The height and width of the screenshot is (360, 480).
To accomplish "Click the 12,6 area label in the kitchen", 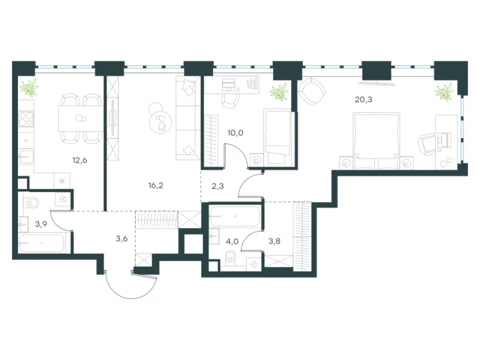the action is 79,160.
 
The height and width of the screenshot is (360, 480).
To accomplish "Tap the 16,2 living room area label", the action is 156,185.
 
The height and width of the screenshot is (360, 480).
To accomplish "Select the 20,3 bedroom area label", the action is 363,99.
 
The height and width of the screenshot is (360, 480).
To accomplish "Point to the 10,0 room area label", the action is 235,133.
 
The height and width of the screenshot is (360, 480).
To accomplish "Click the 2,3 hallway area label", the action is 217,186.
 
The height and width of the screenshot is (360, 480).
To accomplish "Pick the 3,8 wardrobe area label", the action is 274,241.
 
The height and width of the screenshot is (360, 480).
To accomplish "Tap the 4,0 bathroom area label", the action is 232,241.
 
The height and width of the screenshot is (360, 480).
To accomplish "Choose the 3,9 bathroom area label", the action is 40,224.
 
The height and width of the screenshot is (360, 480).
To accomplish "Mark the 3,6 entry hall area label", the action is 121,238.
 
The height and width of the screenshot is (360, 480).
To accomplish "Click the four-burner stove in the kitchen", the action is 25,119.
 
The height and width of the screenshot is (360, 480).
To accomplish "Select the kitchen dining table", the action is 81,118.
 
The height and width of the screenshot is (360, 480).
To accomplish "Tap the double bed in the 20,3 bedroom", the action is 376,140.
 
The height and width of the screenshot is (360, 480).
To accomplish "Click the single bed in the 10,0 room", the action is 277,137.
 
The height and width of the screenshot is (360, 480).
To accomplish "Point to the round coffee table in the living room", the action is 160,122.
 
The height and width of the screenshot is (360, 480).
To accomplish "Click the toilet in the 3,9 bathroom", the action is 31,203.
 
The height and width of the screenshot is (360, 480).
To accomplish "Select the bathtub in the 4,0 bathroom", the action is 235,216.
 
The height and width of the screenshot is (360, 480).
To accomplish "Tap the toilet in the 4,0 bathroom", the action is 230,258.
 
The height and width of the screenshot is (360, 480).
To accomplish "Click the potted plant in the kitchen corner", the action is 29,87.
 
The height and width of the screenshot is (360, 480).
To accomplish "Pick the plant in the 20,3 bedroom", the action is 444,92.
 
